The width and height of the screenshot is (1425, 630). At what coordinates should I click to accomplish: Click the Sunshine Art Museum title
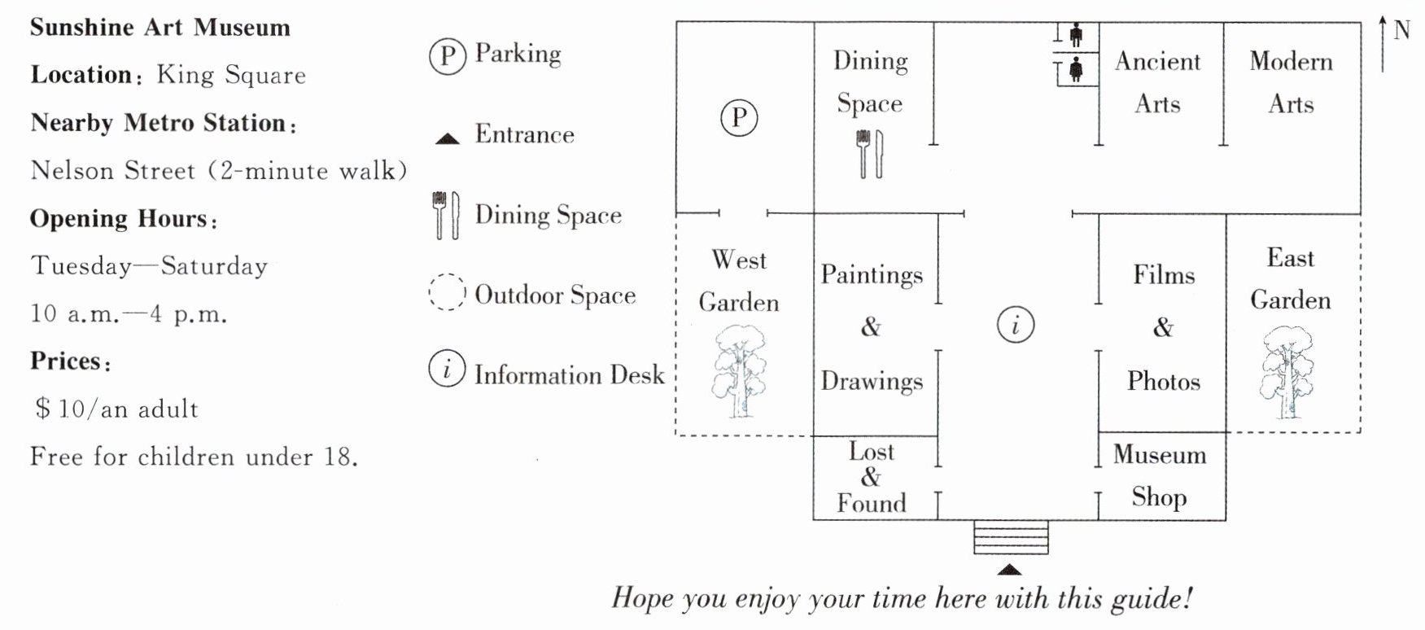pyautogui.click(x=160, y=28)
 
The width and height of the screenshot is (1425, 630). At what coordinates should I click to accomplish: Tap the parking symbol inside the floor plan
pyautogui.click(x=739, y=118)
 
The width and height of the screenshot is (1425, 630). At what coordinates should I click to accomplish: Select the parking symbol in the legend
pyautogui.click(x=447, y=55)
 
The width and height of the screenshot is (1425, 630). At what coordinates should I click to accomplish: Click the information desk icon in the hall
pyautogui.click(x=1015, y=326)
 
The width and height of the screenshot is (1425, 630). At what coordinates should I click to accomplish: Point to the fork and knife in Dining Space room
pyautogui.click(x=869, y=154)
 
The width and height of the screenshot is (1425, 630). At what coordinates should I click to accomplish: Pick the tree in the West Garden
pyautogui.click(x=739, y=371)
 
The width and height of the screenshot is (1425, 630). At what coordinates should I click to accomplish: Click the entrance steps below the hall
pyautogui.click(x=1011, y=538)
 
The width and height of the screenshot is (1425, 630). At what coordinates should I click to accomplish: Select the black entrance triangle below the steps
pyautogui.click(x=1009, y=570)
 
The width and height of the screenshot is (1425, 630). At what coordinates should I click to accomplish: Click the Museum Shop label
pyautogui.click(x=1160, y=475)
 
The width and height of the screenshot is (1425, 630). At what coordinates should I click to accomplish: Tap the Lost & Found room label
pyautogui.click(x=871, y=477)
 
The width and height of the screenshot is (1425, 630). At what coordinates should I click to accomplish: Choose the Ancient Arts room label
pyautogui.click(x=1157, y=82)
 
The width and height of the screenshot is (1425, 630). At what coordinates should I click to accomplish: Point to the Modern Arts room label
pyautogui.click(x=1291, y=82)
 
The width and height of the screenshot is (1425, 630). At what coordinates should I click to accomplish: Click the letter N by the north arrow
pyautogui.click(x=1401, y=31)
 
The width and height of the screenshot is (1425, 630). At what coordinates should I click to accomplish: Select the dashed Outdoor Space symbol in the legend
pyautogui.click(x=447, y=292)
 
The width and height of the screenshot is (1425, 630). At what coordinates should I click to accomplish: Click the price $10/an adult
pyautogui.click(x=116, y=409)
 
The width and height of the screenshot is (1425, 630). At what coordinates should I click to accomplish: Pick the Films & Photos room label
pyautogui.click(x=1164, y=327)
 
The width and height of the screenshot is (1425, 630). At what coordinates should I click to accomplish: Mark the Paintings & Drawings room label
pyautogui.click(x=871, y=327)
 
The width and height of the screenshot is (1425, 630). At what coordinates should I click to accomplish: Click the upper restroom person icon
pyautogui.click(x=1077, y=35)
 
